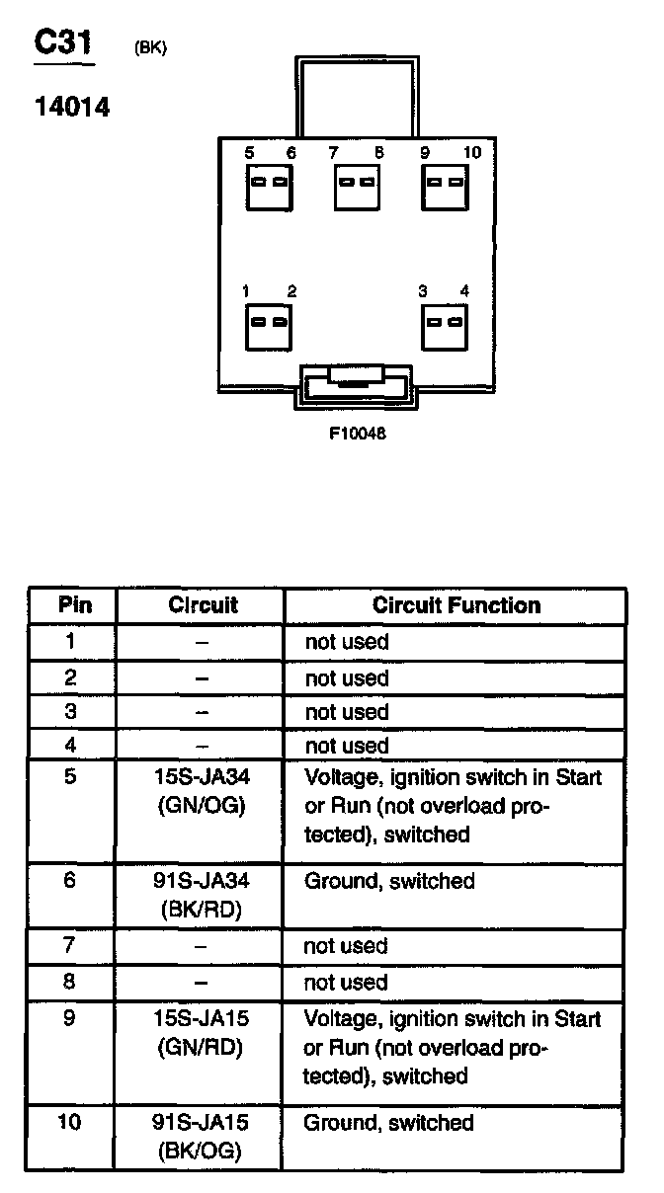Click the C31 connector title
point(64,42)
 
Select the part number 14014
point(72,107)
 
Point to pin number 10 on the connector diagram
point(471,152)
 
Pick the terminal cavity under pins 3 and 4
point(445,323)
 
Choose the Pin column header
point(74,605)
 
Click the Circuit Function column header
point(456,605)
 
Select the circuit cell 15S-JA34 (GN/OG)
point(201,791)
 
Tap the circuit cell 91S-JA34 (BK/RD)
point(201,895)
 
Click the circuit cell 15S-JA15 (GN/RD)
point(201,1032)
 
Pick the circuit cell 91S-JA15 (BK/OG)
point(201,1136)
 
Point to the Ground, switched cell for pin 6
point(389,881)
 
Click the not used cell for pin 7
point(346,946)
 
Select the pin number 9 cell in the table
point(70,1018)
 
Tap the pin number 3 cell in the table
point(70,711)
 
